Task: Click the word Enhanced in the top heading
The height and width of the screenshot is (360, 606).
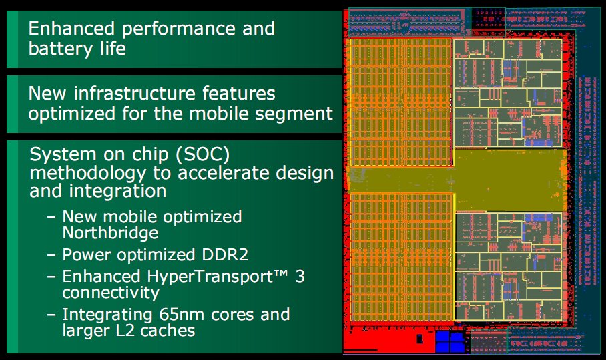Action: coord(71,29)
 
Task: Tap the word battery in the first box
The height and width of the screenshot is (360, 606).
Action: coord(61,49)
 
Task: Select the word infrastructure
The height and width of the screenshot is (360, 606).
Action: coord(135,94)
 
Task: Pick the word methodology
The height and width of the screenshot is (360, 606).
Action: coord(87,173)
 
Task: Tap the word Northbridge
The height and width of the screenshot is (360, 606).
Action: coord(110,233)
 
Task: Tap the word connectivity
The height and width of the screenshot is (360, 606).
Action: coord(111,293)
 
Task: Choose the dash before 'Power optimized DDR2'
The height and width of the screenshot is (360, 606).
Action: coord(51,256)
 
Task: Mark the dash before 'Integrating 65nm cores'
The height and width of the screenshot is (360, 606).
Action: coord(51,315)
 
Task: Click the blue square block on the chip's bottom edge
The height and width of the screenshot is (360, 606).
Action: coord(450,341)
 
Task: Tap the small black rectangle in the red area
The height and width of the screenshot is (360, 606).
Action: coord(420,339)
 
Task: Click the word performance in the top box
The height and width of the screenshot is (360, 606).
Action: coord(178,29)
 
